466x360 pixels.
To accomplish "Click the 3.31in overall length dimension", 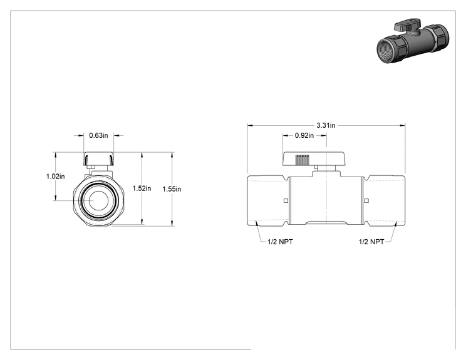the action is coord(326,125).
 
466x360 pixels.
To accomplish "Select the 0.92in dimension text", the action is coord(304,135).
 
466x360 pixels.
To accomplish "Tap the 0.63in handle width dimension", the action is coord(99,135).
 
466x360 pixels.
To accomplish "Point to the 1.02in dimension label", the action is coord(55,177).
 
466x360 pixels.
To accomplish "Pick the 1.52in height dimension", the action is coord(142,188).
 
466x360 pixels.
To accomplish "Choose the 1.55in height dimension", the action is coord(172,189).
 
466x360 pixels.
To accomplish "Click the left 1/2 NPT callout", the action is coord(280,242).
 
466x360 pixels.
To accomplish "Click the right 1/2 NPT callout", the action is coord(371,242).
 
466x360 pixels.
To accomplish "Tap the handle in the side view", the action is coord(314,159).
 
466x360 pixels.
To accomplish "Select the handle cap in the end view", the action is coord(99,159).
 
